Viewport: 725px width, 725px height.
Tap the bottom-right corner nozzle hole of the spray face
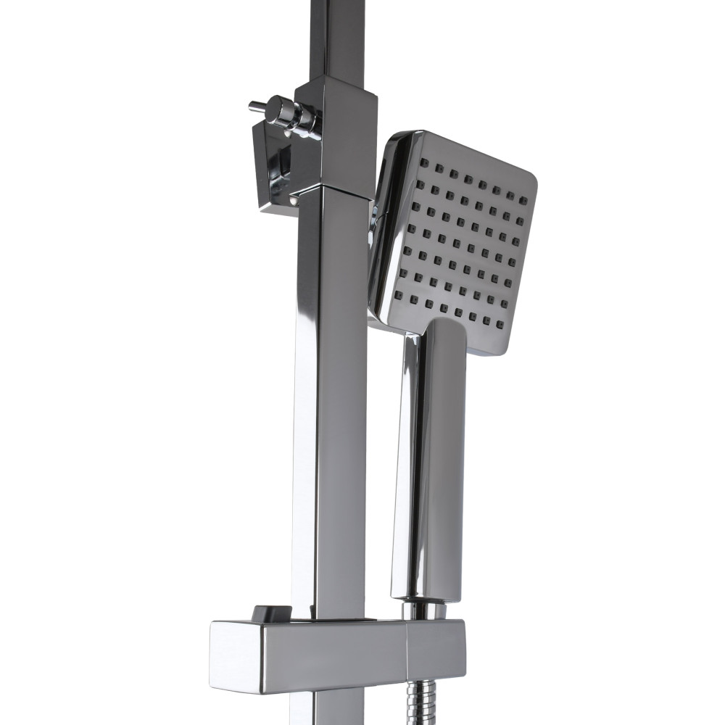(x=502, y=323)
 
